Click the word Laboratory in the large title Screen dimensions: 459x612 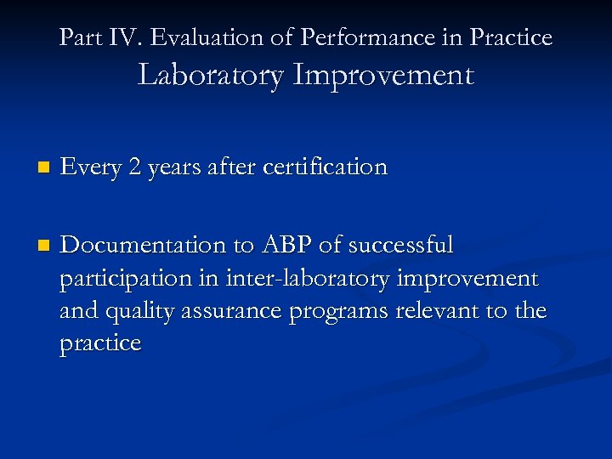(x=211, y=75)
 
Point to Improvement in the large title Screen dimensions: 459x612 (x=382, y=75)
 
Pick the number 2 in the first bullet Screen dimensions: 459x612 (x=134, y=167)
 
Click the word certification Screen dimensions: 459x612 (x=326, y=167)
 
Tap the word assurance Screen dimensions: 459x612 (x=233, y=312)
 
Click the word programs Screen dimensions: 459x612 (x=340, y=312)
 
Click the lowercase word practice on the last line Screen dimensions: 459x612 (x=100, y=344)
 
